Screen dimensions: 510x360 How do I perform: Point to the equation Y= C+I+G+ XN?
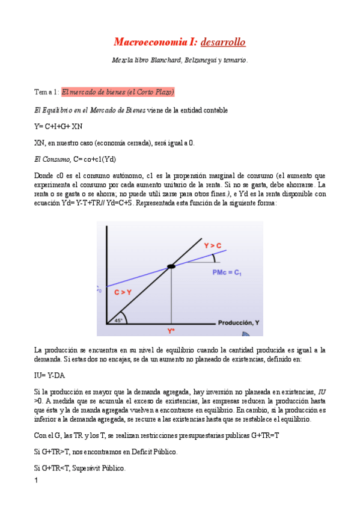click(x=58, y=126)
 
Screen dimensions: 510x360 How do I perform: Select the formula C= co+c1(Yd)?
click(x=94, y=159)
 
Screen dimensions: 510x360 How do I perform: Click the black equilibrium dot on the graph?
click(x=171, y=265)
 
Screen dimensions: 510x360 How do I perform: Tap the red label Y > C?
click(x=213, y=245)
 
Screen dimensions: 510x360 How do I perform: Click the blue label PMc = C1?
click(x=227, y=272)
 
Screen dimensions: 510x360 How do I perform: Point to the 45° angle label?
click(x=119, y=321)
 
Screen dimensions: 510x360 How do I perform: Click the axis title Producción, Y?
click(x=238, y=323)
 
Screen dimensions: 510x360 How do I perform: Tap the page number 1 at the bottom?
click(x=37, y=481)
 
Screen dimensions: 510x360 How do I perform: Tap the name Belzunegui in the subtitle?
click(x=198, y=60)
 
